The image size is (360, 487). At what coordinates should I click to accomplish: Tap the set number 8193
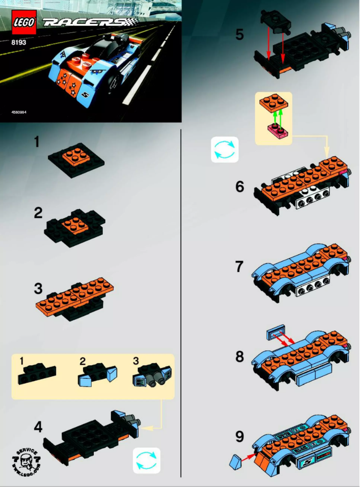click(19, 44)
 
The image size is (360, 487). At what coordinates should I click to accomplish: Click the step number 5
click(240, 34)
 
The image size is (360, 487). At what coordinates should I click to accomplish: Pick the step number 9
click(240, 436)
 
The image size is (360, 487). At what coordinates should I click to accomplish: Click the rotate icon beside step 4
click(147, 460)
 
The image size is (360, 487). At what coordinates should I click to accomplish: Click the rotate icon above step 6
click(225, 149)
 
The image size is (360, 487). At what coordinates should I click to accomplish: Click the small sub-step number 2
click(82, 360)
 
